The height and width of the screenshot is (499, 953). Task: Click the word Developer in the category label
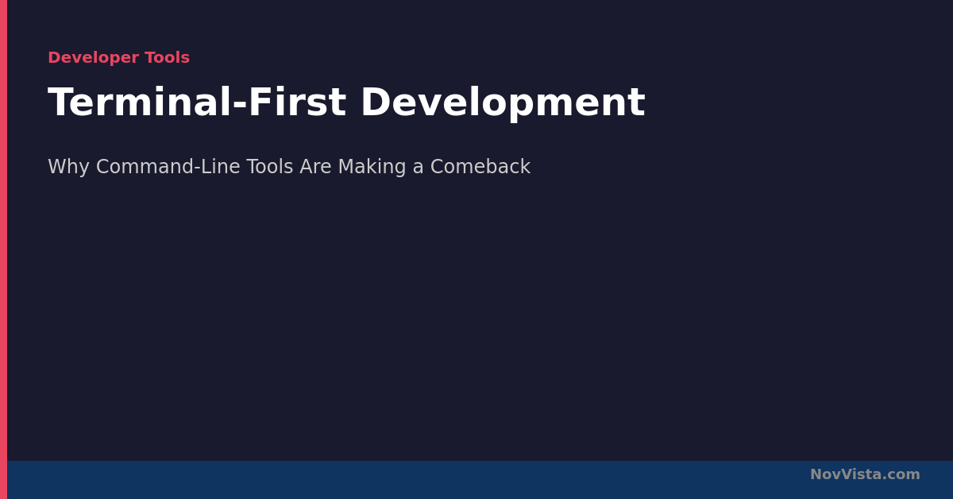tap(94, 58)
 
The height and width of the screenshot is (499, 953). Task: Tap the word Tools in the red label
tap(168, 57)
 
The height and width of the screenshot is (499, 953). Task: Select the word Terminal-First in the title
tap(197, 103)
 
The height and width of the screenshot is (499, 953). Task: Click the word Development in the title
tap(503, 104)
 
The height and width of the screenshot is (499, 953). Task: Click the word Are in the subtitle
tap(315, 167)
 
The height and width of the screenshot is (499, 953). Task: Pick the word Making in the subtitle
tap(372, 167)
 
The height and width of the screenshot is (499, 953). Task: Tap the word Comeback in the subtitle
tap(480, 166)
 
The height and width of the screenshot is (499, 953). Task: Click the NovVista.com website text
tap(865, 474)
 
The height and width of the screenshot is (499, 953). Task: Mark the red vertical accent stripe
tap(3, 249)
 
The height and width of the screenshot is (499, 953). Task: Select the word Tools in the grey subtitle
tap(270, 167)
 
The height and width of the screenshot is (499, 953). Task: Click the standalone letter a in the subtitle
tap(419, 168)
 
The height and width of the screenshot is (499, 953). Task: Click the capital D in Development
tap(376, 102)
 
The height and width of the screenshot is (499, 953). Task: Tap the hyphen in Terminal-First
tap(239, 105)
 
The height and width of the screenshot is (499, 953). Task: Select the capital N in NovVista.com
tap(816, 474)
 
